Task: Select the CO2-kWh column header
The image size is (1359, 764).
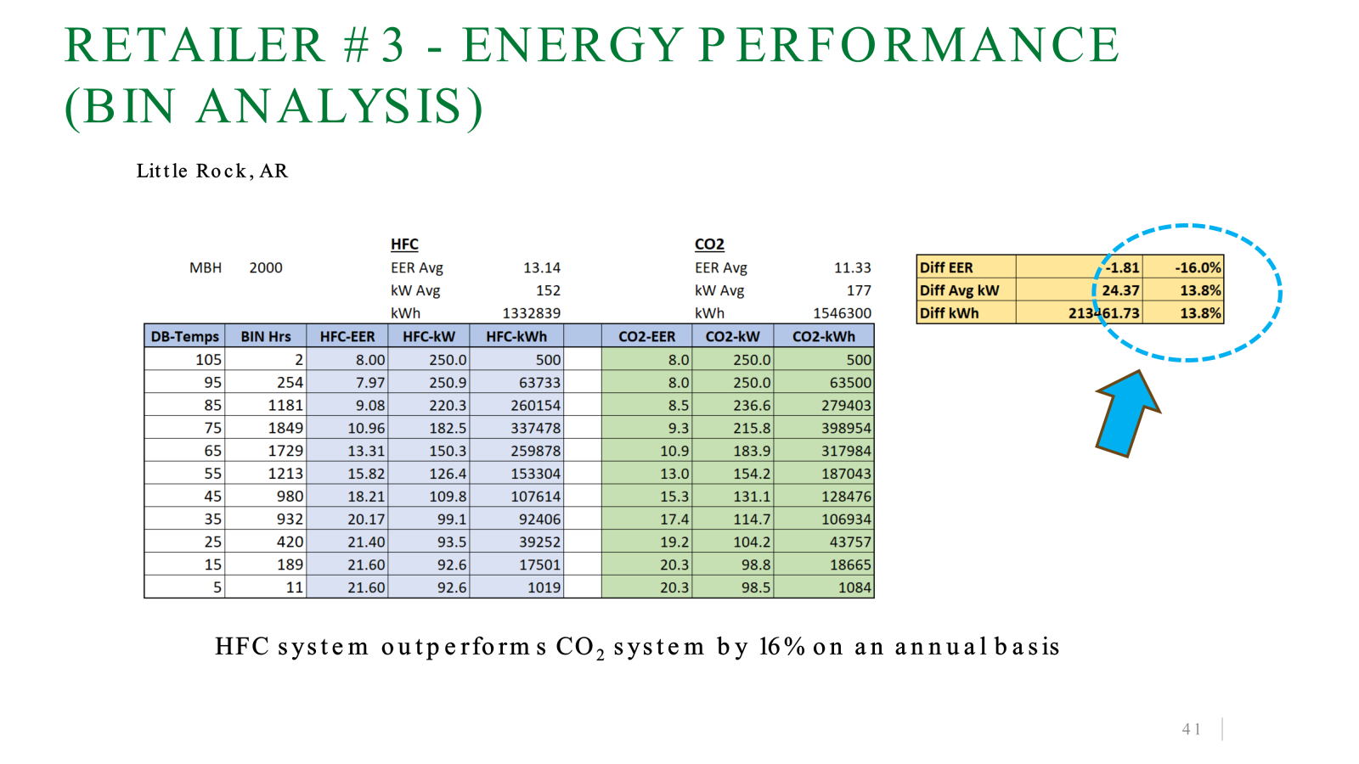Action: click(x=823, y=336)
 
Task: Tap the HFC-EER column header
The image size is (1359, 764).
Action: click(x=347, y=336)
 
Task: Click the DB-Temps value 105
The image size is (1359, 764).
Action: click(x=208, y=360)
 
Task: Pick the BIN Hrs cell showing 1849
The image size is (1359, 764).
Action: click(x=285, y=428)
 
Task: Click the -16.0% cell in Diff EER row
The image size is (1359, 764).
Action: click(x=1198, y=267)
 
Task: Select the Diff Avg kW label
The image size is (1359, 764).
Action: click(x=959, y=290)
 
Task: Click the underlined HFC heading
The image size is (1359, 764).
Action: click(x=404, y=244)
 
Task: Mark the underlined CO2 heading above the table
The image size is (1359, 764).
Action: click(x=709, y=244)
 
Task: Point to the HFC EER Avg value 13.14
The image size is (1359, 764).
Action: click(x=542, y=267)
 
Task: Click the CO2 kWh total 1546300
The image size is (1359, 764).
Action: click(x=842, y=313)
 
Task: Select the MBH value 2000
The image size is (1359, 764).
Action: click(x=266, y=267)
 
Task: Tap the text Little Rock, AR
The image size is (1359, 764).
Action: click(x=211, y=171)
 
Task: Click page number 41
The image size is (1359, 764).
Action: click(x=1192, y=729)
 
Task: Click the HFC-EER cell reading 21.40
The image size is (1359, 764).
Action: click(x=366, y=542)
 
